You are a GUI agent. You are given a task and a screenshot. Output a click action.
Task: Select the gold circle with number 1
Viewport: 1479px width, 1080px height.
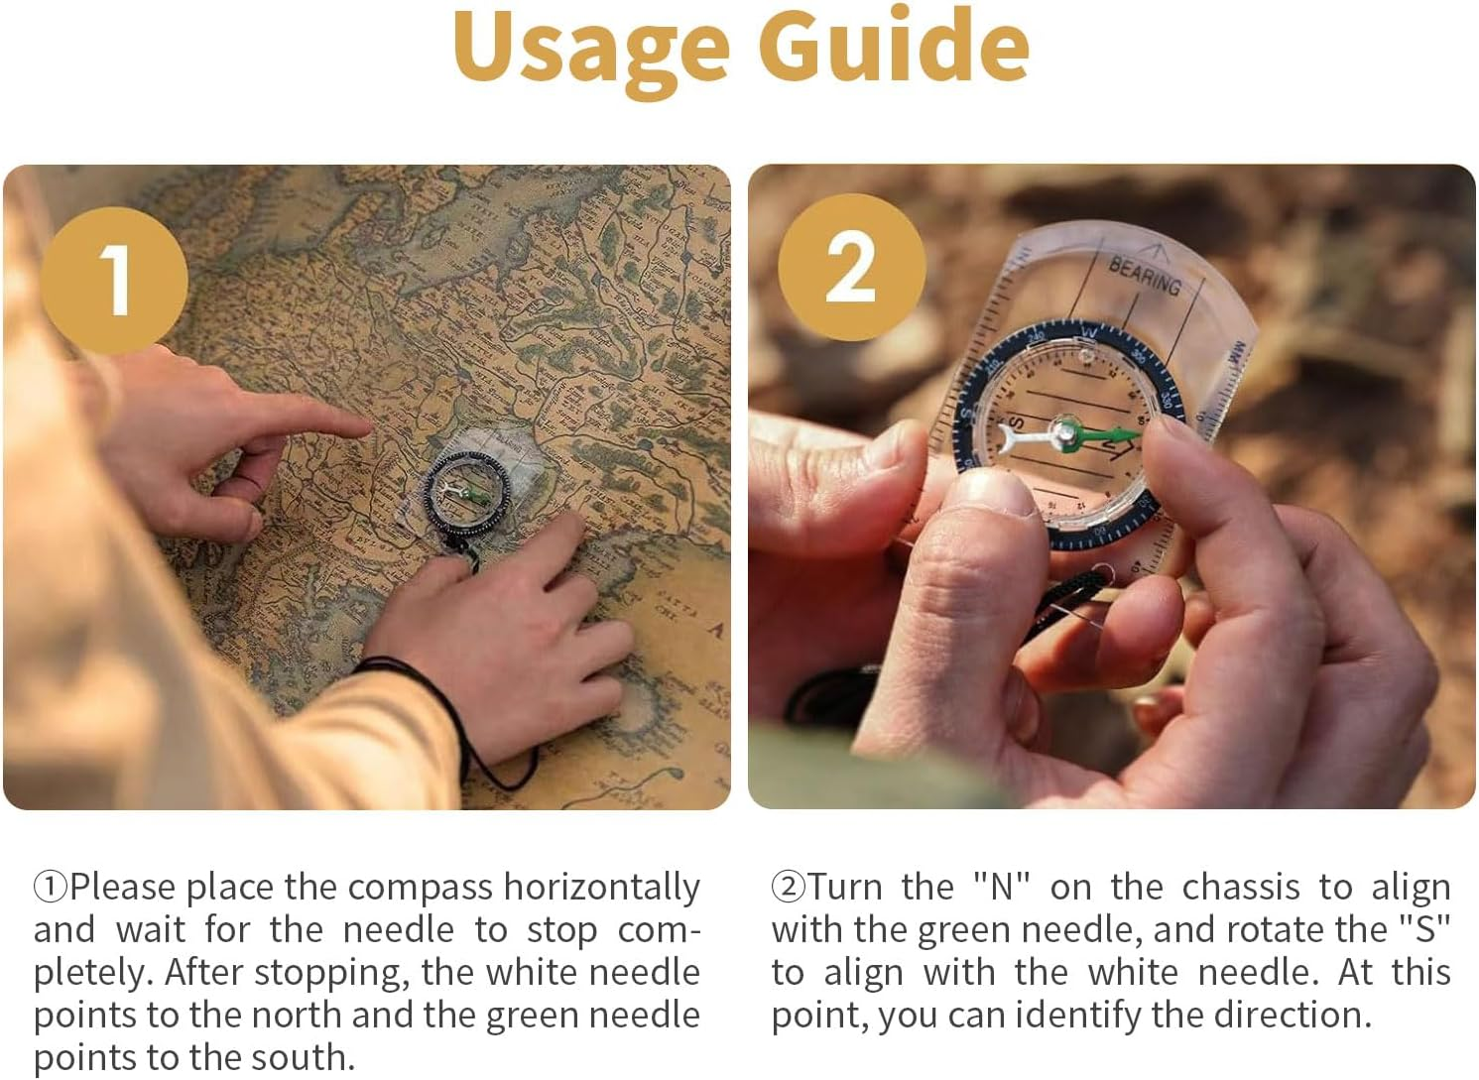(115, 280)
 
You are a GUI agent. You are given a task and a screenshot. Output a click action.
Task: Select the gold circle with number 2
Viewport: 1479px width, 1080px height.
(851, 268)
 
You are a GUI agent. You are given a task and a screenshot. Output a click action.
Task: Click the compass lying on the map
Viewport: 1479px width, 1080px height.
(466, 493)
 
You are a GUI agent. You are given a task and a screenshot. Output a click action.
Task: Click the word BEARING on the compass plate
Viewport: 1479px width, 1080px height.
(1144, 275)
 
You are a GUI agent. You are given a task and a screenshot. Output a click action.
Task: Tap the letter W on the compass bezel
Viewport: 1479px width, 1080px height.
(1088, 331)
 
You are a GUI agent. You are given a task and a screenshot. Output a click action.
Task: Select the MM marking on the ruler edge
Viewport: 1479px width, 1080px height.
(1237, 353)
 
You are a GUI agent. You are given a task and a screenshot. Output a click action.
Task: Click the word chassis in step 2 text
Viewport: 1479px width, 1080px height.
(1240, 886)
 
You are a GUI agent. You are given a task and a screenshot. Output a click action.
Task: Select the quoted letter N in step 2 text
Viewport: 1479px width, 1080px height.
(1002, 886)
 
